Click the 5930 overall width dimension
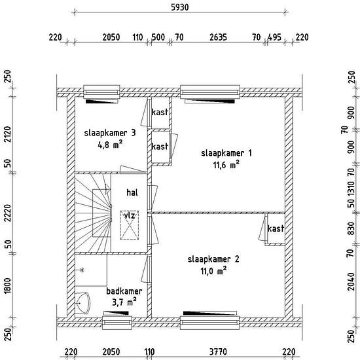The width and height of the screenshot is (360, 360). [180, 7]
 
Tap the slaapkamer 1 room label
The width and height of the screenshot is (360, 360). [226, 153]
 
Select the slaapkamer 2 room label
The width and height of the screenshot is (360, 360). [213, 259]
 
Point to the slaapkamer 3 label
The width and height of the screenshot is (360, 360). [110, 133]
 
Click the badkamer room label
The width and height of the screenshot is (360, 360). [124, 291]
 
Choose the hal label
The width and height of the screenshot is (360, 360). [132, 192]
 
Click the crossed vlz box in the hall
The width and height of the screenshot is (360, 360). [130, 225]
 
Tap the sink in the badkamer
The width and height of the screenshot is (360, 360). [82, 303]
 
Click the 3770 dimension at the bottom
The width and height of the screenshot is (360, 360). [218, 351]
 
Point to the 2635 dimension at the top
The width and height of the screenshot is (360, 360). [218, 37]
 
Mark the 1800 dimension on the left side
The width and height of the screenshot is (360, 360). [7, 285]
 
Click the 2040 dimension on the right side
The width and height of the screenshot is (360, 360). [351, 281]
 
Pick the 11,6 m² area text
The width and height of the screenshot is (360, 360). [226, 164]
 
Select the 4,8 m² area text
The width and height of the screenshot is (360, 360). [110, 145]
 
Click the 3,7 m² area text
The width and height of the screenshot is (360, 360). [124, 302]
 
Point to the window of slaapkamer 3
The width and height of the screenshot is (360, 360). [101, 92]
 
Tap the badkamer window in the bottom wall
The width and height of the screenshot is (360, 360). [117, 323]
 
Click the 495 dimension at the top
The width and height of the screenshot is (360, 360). [275, 37]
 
